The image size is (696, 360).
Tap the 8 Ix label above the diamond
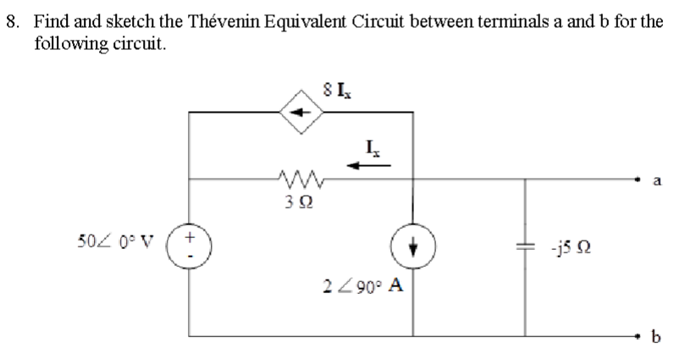point(333,86)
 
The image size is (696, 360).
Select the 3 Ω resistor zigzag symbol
point(296,179)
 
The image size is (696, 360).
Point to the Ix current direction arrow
point(372,166)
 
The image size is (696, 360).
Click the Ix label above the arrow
point(373,148)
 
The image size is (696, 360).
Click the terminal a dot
point(637,179)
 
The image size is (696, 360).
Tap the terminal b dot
point(637,336)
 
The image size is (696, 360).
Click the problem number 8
point(12,21)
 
